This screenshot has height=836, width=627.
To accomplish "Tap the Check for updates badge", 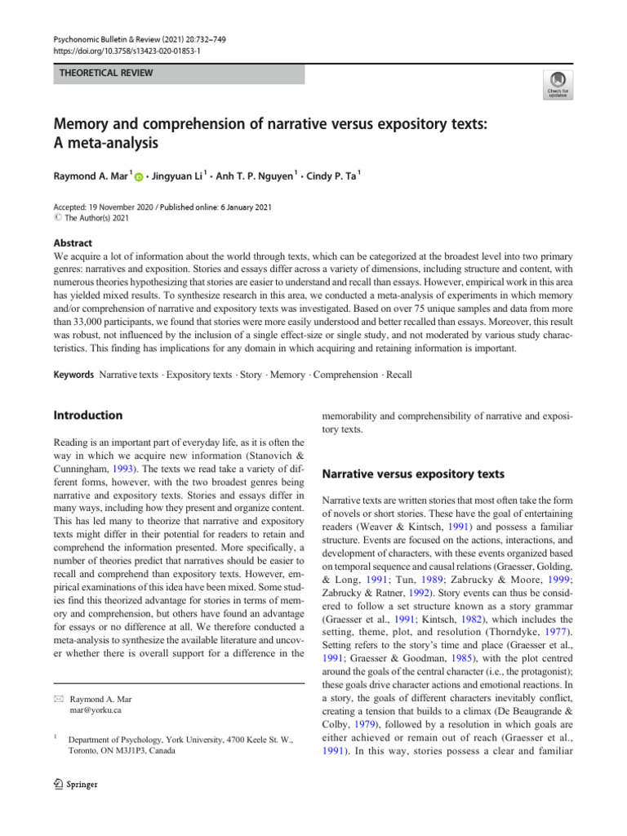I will coord(558,85).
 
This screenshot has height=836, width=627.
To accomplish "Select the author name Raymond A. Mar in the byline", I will coord(90,176).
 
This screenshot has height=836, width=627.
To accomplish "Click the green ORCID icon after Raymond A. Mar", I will coord(139,176).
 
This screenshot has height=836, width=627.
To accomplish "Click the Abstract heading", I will coord(72,242).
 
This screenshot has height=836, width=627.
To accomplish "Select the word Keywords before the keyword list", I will coord(73,375).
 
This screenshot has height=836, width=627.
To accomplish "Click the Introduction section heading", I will coord(87,415).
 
